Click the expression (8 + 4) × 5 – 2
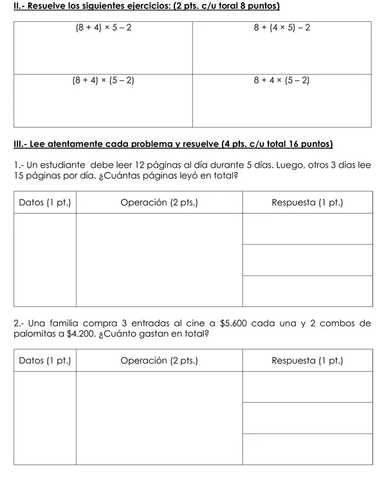(103, 30)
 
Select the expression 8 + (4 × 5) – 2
(282, 30)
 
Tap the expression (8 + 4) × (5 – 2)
(103, 81)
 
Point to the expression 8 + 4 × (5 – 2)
(282, 81)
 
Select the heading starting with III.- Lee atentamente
(173, 143)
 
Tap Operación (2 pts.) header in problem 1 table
(159, 203)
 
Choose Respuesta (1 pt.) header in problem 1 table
(308, 203)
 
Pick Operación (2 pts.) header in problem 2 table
(159, 360)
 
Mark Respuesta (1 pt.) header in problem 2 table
(308, 360)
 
